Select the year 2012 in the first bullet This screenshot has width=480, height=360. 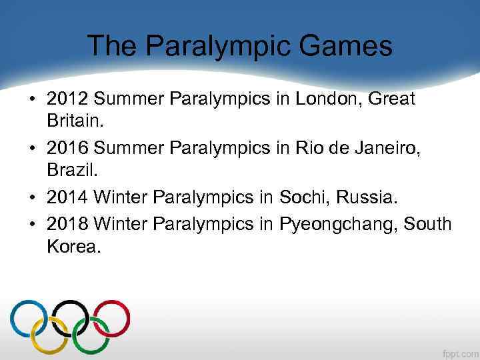pos(67,99)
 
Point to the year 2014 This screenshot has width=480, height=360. pos(67,197)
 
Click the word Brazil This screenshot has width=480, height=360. pos(69,173)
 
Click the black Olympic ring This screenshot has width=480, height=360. pos(71,318)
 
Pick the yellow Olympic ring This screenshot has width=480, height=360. pos(49,335)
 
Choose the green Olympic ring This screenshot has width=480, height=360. pos(91,335)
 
